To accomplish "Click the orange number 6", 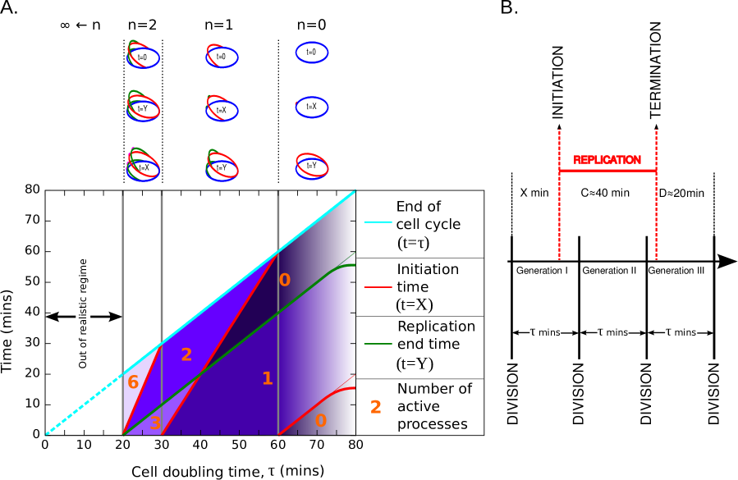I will click(x=132, y=383).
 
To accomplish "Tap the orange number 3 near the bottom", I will click(x=155, y=424).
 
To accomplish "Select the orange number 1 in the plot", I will click(x=267, y=379).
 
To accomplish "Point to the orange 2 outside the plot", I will click(x=376, y=408).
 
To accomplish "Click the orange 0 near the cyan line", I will click(x=284, y=281).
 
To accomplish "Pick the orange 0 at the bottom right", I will click(x=320, y=421).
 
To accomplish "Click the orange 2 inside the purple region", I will click(x=186, y=355).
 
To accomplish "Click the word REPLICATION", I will click(x=607, y=160).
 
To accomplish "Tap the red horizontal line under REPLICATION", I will click(x=607, y=171).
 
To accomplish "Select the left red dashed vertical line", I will click(x=559, y=213).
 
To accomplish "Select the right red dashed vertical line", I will click(x=656, y=213).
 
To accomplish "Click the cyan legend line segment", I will click(x=378, y=222).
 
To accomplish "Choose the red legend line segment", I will click(x=378, y=287).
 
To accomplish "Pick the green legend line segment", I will click(x=378, y=344).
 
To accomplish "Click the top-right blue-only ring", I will click(x=312, y=53).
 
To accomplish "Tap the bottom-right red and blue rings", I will click(x=312, y=166).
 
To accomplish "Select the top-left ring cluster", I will click(x=143, y=54).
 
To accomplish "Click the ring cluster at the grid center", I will click(x=222, y=107).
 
